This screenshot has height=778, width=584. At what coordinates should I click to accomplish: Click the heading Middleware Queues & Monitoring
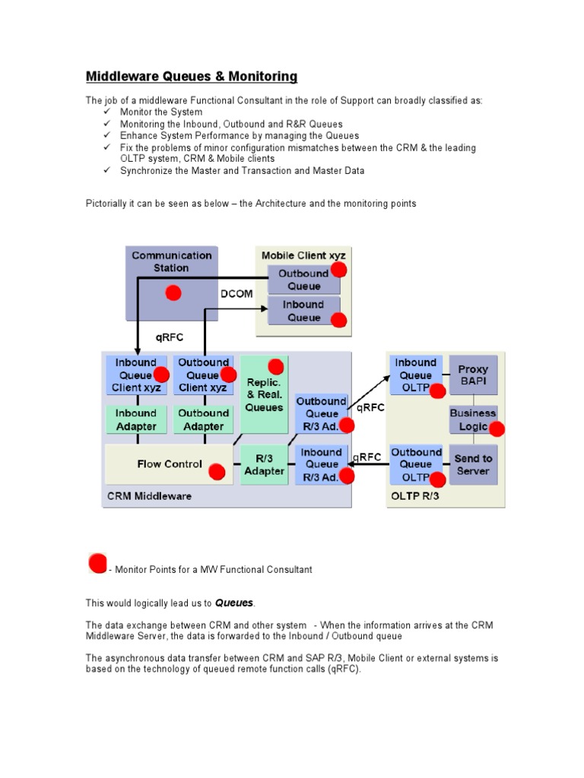tap(191, 77)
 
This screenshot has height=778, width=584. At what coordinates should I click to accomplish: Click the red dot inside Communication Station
tap(173, 293)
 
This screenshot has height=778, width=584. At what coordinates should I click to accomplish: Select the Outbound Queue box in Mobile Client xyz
tap(302, 280)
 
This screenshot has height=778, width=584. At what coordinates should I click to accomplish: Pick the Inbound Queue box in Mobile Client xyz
tap(302, 312)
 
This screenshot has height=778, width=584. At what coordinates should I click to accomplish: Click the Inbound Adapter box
tap(135, 419)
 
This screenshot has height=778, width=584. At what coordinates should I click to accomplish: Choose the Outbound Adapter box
tap(203, 419)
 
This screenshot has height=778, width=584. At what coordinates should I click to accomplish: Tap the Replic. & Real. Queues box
tap(264, 394)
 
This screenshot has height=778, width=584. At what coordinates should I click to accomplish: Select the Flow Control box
tap(169, 464)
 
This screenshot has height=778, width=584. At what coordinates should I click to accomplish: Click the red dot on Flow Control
tap(217, 472)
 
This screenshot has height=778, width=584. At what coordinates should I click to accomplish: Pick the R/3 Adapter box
tap(264, 464)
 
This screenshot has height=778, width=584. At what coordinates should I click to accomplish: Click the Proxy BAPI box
tap(473, 375)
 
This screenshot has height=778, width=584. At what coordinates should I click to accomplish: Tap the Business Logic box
tap(472, 419)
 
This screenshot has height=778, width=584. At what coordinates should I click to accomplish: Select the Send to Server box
tap(473, 464)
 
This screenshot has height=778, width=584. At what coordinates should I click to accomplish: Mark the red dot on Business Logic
tap(497, 429)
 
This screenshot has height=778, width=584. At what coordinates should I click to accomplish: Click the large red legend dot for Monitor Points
tap(97, 563)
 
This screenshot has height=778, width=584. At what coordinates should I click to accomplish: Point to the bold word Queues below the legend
tap(234, 602)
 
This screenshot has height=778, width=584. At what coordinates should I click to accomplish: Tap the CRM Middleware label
tap(149, 496)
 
